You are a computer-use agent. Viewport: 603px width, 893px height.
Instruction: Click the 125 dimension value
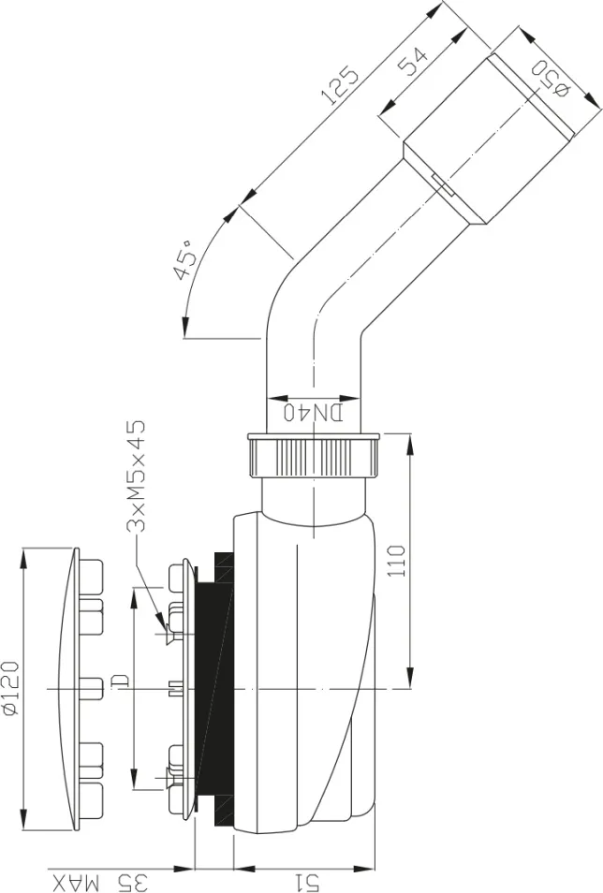pos(340,86)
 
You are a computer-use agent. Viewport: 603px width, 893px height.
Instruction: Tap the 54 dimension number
pos(412,62)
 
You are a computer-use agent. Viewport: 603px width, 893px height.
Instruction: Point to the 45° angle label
pos(185,259)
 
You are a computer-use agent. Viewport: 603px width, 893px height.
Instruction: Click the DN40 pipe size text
pos(314,412)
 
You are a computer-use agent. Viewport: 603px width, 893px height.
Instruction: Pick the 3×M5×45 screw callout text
pos(136,476)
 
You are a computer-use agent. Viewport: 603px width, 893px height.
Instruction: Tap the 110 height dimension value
pos(396,561)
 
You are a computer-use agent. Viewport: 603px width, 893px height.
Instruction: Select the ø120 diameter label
pos(10,687)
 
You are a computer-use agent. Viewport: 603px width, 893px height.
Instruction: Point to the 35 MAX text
pos(100,882)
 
